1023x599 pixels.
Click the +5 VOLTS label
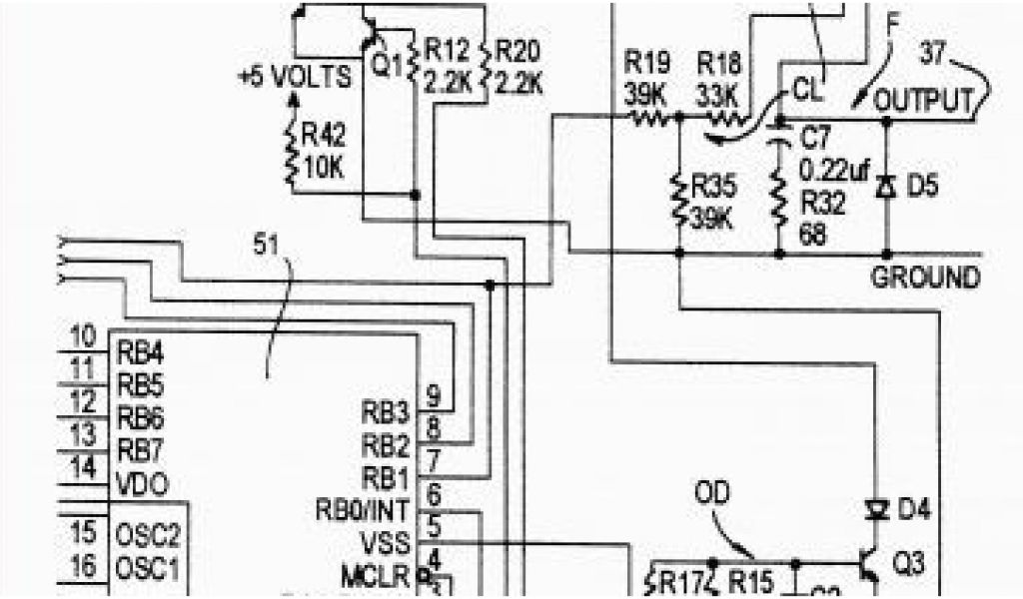click(x=295, y=76)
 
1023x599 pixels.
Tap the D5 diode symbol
click(x=884, y=187)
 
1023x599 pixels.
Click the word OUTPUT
click(x=923, y=101)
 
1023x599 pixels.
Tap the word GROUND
click(x=926, y=278)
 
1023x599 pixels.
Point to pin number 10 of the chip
click(x=85, y=337)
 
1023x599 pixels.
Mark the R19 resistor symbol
click(x=653, y=118)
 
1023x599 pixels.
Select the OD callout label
click(x=711, y=493)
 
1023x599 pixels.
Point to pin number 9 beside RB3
click(x=434, y=395)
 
